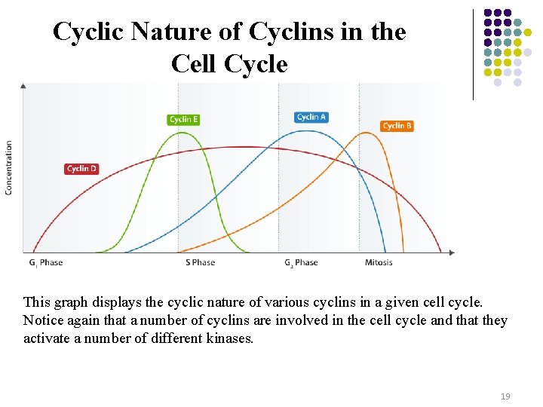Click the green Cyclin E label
pyautogui.click(x=183, y=119)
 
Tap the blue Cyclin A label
pyautogui.click(x=311, y=117)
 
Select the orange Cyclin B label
pyautogui.click(x=397, y=126)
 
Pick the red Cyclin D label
pyautogui.click(x=81, y=169)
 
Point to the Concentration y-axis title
pyautogui.click(x=9, y=167)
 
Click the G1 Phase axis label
pyautogui.click(x=46, y=262)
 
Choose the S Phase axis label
pyautogui.click(x=200, y=262)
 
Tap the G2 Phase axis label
pyautogui.click(x=301, y=262)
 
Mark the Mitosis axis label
pyautogui.click(x=379, y=262)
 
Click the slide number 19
pyautogui.click(x=506, y=395)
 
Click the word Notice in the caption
pyautogui.click(x=43, y=320)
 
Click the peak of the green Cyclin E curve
pyautogui.click(x=182, y=133)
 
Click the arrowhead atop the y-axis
pyautogui.click(x=23, y=86)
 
